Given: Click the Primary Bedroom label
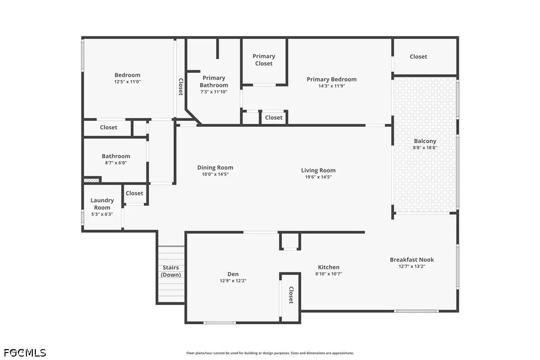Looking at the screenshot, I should click(x=331, y=79).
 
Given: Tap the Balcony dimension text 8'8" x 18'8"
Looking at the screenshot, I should click(x=425, y=148).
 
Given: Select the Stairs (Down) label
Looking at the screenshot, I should click(x=171, y=271).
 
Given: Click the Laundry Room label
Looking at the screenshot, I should click(x=102, y=204).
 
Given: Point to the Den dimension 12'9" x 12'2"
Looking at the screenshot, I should click(x=233, y=281).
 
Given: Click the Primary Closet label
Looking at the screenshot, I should click(x=264, y=60).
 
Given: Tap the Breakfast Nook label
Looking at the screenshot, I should click(x=412, y=260).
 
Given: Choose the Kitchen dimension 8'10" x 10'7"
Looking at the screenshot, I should click(x=329, y=274).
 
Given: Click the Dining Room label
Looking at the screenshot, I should click(x=215, y=168).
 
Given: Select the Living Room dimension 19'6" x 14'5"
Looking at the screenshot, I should click(x=318, y=177).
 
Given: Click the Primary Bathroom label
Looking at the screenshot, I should click(x=214, y=82).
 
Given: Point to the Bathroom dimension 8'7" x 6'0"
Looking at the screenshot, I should click(x=116, y=163).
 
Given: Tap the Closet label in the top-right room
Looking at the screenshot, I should click(x=418, y=57).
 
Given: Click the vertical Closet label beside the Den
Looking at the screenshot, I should click(x=291, y=295).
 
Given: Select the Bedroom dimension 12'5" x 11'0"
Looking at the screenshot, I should click(x=127, y=82).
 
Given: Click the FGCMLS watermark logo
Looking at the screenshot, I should click(x=23, y=353).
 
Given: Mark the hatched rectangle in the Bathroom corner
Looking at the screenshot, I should click(x=92, y=180).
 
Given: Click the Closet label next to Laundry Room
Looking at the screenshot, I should click(x=134, y=193).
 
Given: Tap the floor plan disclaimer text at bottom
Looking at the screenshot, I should click(x=270, y=353).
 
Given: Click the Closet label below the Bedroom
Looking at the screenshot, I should click(x=108, y=127).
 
